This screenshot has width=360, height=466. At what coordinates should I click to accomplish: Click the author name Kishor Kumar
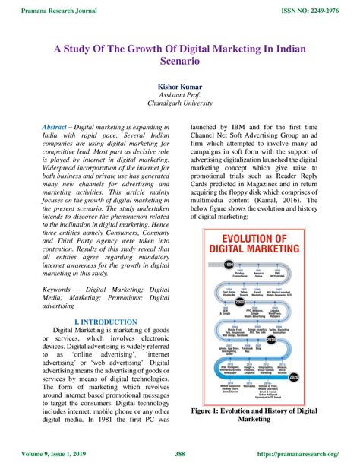(x=179, y=87)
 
